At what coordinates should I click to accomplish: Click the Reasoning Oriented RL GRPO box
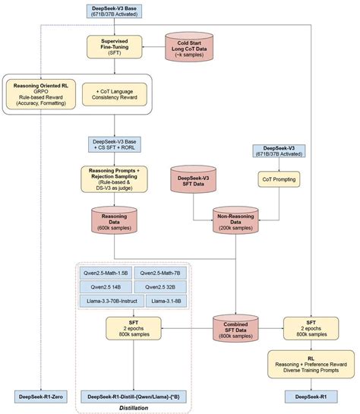[x=38, y=91]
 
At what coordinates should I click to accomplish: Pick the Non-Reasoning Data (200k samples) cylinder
[x=235, y=220]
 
